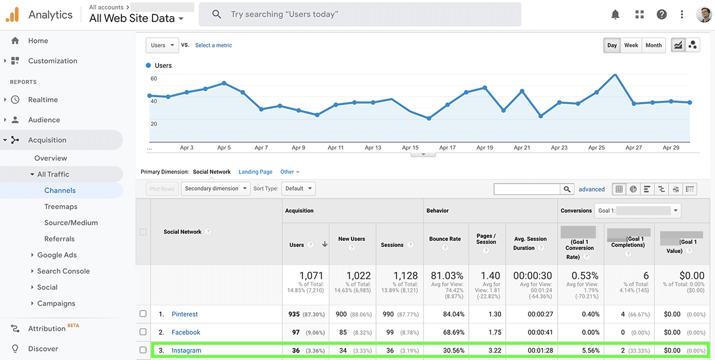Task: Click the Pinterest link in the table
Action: (x=185, y=314)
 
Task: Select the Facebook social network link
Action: (x=186, y=333)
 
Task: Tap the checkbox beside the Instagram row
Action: (x=142, y=350)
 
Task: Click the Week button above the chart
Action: (x=631, y=45)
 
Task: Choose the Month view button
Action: (x=654, y=45)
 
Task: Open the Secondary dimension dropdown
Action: (x=216, y=189)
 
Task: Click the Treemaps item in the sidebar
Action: (x=61, y=207)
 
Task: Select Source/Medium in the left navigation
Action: (x=71, y=223)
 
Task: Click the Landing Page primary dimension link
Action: (x=256, y=172)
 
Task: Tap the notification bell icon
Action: (x=615, y=14)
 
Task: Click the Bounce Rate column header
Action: (x=445, y=239)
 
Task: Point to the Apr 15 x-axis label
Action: (x=410, y=148)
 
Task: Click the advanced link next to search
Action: (x=592, y=190)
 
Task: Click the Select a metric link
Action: (x=213, y=45)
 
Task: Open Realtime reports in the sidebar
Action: (x=43, y=100)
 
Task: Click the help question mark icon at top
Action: (x=661, y=14)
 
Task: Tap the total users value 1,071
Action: (x=310, y=276)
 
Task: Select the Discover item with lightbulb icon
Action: (x=43, y=349)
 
